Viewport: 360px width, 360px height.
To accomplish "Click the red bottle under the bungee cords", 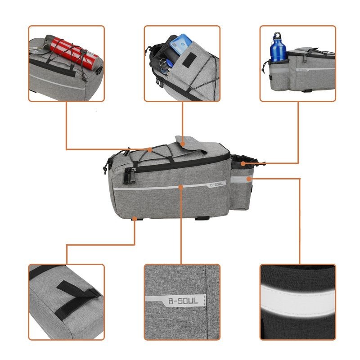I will pyautogui.click(x=74, y=52).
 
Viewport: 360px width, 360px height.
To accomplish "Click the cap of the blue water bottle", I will pyautogui.click(x=276, y=35).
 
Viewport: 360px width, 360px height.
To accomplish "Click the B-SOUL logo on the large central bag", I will pyautogui.click(x=216, y=184).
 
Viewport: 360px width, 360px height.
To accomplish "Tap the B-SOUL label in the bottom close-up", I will pyautogui.click(x=183, y=300).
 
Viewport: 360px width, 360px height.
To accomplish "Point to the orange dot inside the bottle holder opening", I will pyautogui.click(x=243, y=163).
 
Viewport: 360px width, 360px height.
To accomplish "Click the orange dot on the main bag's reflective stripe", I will pyautogui.click(x=180, y=185).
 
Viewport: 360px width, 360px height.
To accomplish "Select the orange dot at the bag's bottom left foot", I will pyautogui.click(x=135, y=219).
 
